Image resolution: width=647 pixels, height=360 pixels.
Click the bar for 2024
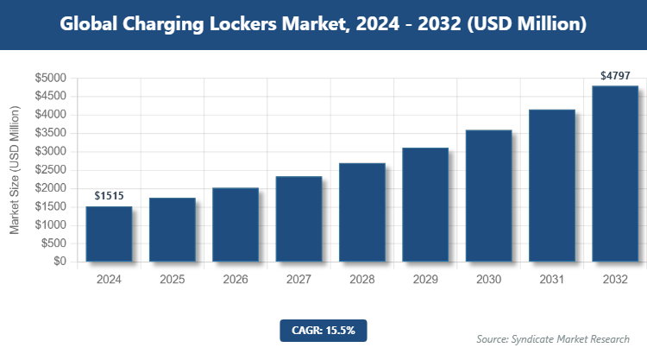tap(109, 233)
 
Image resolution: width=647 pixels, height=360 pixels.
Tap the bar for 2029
tap(425, 205)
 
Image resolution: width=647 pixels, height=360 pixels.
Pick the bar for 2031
tap(551, 185)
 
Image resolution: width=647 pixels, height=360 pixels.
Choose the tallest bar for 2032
tap(615, 173)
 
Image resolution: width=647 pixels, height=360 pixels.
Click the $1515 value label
tap(109, 196)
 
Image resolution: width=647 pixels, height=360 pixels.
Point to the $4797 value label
tap(615, 75)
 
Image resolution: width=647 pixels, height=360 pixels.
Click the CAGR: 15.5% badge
tap(323, 330)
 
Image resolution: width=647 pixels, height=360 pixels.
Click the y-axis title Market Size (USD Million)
tap(15, 170)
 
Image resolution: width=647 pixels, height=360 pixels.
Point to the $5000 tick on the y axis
tap(50, 79)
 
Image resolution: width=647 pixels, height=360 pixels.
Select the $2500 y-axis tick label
tap(50, 170)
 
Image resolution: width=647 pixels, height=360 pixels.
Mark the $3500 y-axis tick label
tap(50, 134)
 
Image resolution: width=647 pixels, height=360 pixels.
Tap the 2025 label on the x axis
tap(172, 280)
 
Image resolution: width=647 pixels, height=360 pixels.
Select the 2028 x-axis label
tap(361, 280)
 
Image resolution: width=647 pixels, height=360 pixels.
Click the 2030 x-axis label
tap(488, 280)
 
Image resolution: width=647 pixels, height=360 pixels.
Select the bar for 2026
tap(236, 224)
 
